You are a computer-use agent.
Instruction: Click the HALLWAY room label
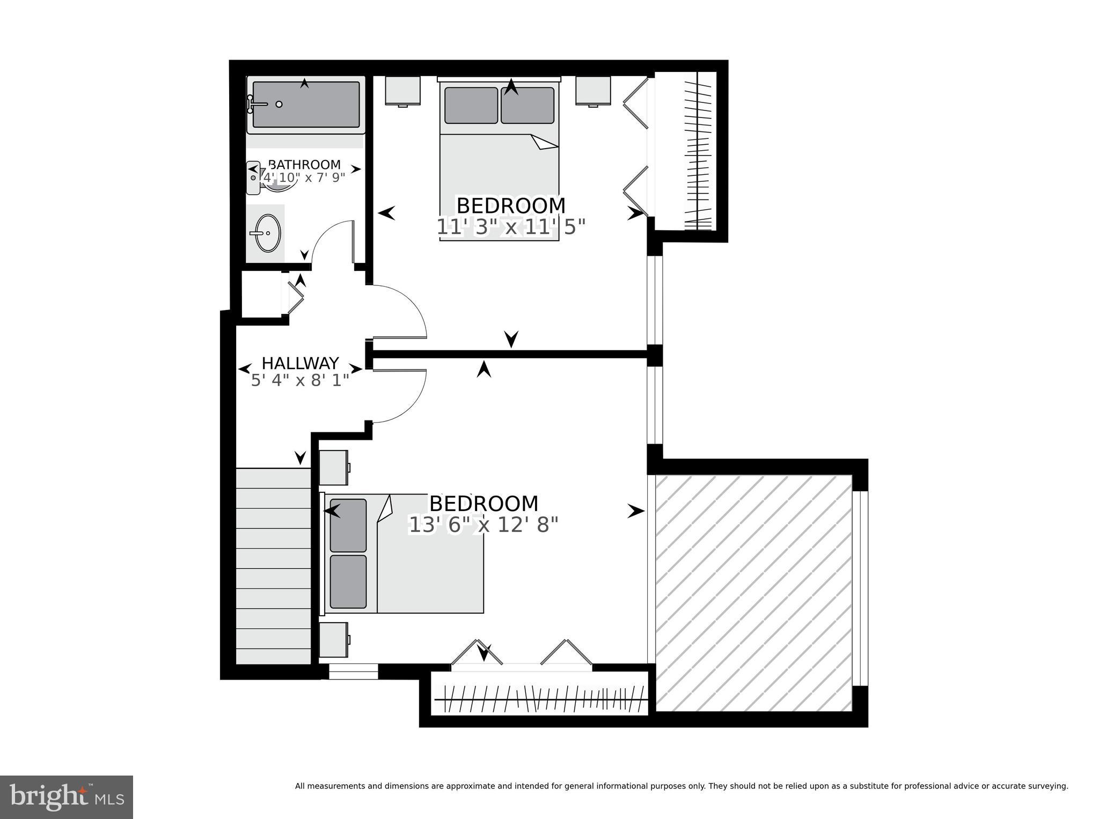300,363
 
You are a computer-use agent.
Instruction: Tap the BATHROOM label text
304,165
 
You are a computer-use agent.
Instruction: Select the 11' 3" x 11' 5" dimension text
510,227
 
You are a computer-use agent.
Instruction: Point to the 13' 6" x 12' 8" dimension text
483,525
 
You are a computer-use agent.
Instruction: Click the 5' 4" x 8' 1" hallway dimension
300,380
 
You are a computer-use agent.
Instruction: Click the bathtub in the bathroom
306,105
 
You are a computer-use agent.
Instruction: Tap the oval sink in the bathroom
267,233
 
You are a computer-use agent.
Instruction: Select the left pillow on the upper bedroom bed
471,105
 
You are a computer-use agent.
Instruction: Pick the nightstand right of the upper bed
593,91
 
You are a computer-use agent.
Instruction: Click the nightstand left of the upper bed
402,91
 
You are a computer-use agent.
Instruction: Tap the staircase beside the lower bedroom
274,566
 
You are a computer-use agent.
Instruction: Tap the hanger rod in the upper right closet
697,153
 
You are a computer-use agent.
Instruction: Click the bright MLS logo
66,797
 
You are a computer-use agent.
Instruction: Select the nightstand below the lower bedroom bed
333,639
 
